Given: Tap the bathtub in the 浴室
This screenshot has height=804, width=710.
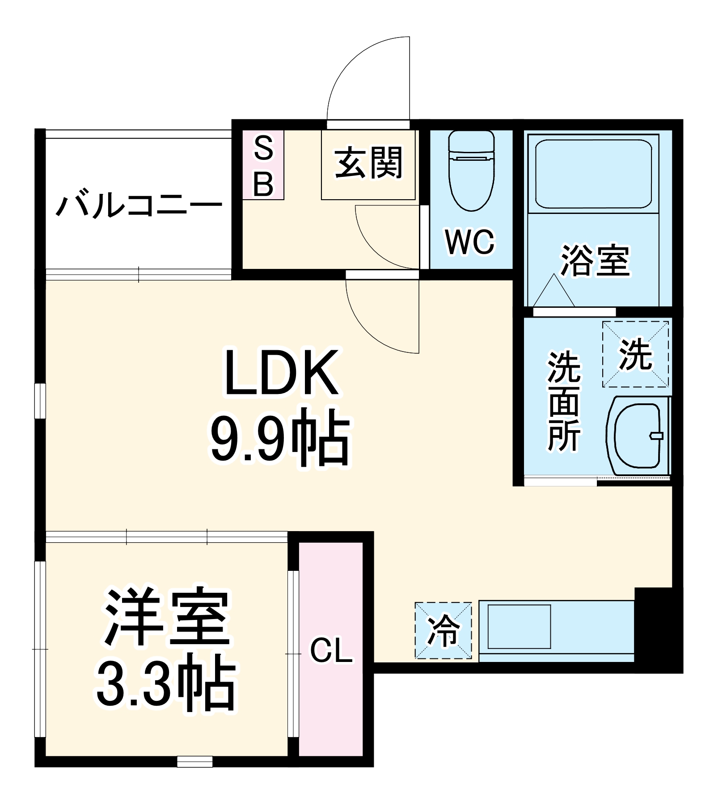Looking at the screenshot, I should click(593, 174).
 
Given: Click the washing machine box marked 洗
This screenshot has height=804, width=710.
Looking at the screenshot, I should click(635, 354).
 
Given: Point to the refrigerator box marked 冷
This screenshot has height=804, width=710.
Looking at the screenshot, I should click(443, 630).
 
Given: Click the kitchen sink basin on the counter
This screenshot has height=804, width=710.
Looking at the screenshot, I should click(519, 626).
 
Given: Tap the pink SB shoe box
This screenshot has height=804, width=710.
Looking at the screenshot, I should click(263, 165).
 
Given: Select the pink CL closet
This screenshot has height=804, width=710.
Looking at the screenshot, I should click(331, 650).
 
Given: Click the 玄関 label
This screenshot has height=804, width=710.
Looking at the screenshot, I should click(368, 163).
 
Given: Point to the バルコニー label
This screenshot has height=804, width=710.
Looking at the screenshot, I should click(139, 205).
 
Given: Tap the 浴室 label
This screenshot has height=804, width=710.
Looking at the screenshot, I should click(595, 261).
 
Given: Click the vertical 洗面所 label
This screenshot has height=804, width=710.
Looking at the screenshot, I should click(564, 402).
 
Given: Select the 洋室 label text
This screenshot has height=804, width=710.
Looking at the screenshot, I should click(167, 617).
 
